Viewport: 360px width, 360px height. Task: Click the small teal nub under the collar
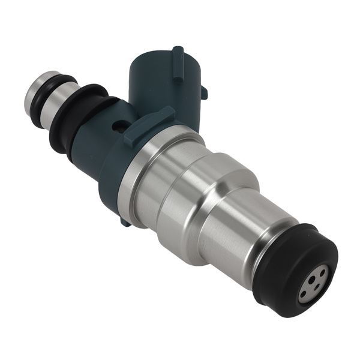tap(124, 221)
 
